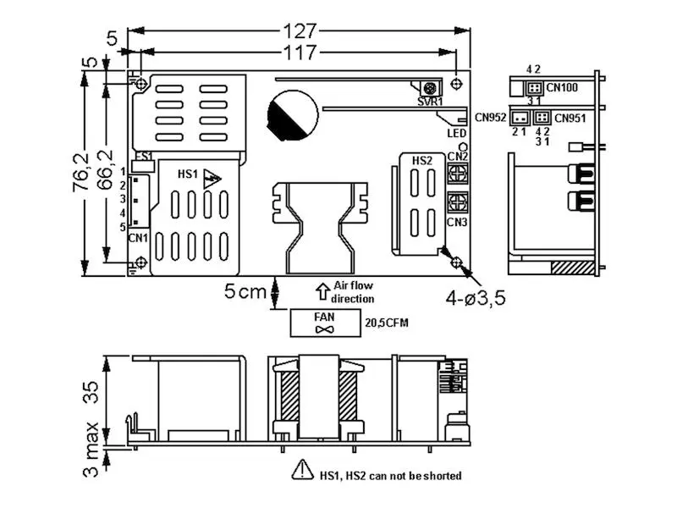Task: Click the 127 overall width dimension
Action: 300,31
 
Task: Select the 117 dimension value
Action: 300,52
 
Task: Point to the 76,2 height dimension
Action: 81,172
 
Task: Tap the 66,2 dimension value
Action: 105,169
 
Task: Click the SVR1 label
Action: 430,102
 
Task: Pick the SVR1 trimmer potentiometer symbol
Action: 430,89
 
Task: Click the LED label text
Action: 457,133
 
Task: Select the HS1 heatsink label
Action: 187,174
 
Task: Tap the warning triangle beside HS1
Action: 212,179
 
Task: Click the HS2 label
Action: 421,161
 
